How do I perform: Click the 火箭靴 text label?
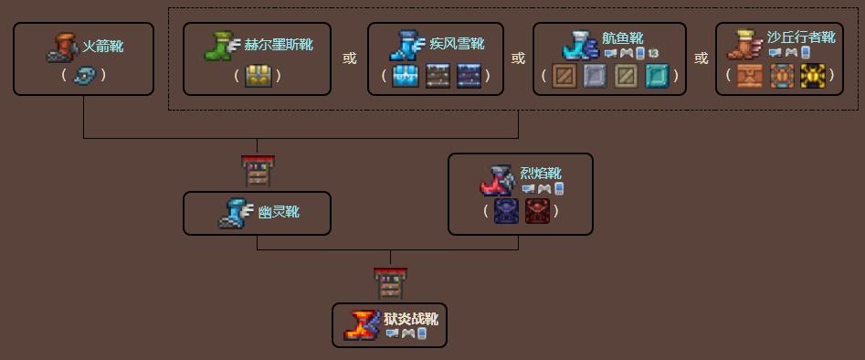(102, 46)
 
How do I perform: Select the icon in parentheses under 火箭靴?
(84, 75)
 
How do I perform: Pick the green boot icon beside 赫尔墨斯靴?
(220, 46)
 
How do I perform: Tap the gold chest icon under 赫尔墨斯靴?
(255, 75)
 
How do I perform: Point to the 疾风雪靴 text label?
(457, 44)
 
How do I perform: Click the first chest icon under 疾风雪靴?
(406, 76)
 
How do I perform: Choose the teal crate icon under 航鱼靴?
(658, 76)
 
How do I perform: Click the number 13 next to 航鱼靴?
(653, 53)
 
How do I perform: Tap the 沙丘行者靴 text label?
(802, 37)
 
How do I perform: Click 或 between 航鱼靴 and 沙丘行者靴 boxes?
(701, 58)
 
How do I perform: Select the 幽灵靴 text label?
(279, 213)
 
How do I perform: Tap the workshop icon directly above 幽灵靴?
(258, 171)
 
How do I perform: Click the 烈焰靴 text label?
(541, 173)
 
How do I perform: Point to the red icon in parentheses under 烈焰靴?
(536, 211)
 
